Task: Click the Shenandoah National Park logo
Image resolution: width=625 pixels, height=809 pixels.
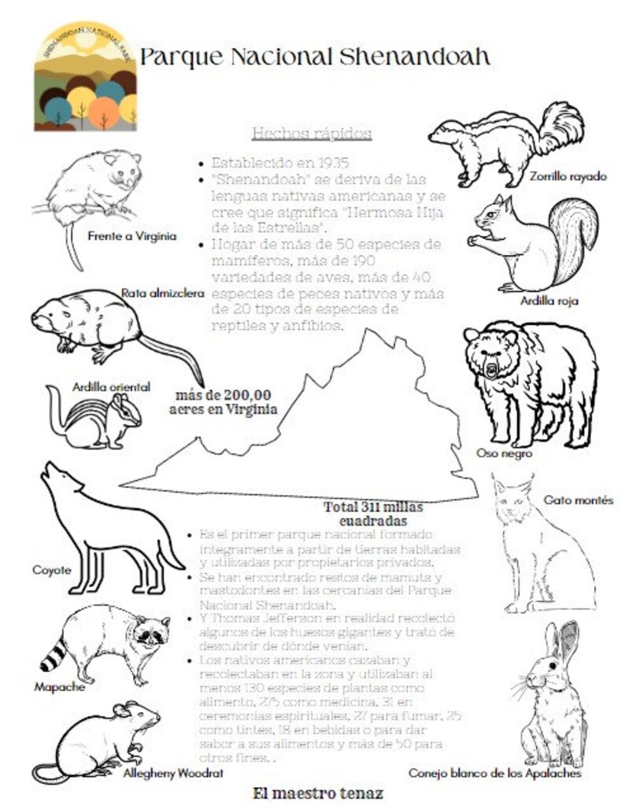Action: (85, 76)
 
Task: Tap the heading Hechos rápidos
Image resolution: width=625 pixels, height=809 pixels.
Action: (311, 133)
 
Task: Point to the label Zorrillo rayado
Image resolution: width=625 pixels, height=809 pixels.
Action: (568, 176)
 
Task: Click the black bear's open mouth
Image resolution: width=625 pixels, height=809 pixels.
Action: (492, 368)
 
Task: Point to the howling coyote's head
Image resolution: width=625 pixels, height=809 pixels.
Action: (57, 478)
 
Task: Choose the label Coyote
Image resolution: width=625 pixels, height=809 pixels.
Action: (51, 570)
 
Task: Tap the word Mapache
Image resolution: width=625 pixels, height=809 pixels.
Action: (59, 686)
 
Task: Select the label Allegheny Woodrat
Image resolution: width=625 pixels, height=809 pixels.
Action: (173, 774)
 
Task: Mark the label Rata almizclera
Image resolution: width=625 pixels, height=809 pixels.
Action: (163, 293)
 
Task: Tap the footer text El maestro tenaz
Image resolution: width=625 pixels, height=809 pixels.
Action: (318, 793)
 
